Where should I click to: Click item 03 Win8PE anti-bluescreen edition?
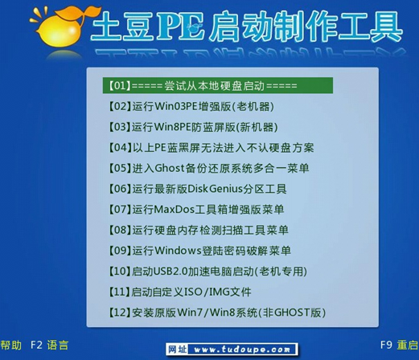(x=191, y=127)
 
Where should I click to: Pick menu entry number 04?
(x=210, y=147)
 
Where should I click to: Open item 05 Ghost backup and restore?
(x=207, y=168)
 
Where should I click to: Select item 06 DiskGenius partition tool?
(x=196, y=189)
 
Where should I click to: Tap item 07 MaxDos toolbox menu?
(x=195, y=210)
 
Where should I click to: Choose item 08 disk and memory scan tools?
(x=198, y=230)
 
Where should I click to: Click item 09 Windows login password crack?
(x=199, y=251)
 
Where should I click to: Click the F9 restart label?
(x=397, y=346)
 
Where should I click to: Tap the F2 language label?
(x=50, y=346)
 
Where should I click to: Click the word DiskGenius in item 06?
(x=215, y=189)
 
